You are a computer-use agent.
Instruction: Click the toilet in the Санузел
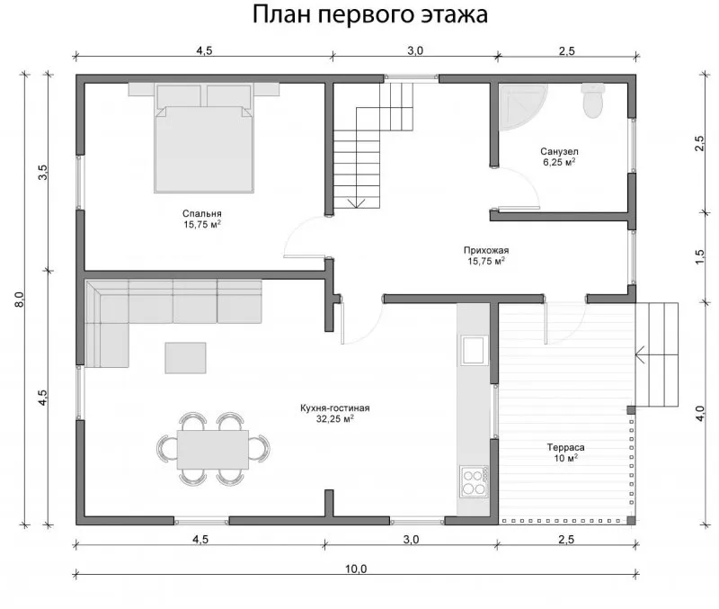coord(592,100)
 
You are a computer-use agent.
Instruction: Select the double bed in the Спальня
coord(204,138)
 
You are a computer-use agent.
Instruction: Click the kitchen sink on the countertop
coord(475,350)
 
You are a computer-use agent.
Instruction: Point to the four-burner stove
coord(474,481)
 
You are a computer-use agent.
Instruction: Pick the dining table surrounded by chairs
coord(213,449)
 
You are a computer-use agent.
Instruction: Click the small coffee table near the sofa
coord(185,357)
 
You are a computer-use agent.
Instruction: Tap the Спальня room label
coord(201,213)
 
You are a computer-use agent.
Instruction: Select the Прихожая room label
coord(486,250)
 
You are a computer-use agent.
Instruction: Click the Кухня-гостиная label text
coord(334,407)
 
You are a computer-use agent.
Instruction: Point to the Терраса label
coord(565,447)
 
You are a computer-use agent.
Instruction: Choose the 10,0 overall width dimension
coord(356,569)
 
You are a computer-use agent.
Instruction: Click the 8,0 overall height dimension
coord(19,300)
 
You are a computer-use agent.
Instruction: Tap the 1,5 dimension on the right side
coord(699,256)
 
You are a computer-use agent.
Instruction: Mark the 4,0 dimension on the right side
coord(699,414)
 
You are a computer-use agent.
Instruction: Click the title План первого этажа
coord(369,13)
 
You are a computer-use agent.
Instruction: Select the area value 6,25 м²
coord(559,162)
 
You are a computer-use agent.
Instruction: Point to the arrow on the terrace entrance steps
coord(656,354)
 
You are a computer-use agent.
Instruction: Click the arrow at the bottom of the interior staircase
coord(356,202)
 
